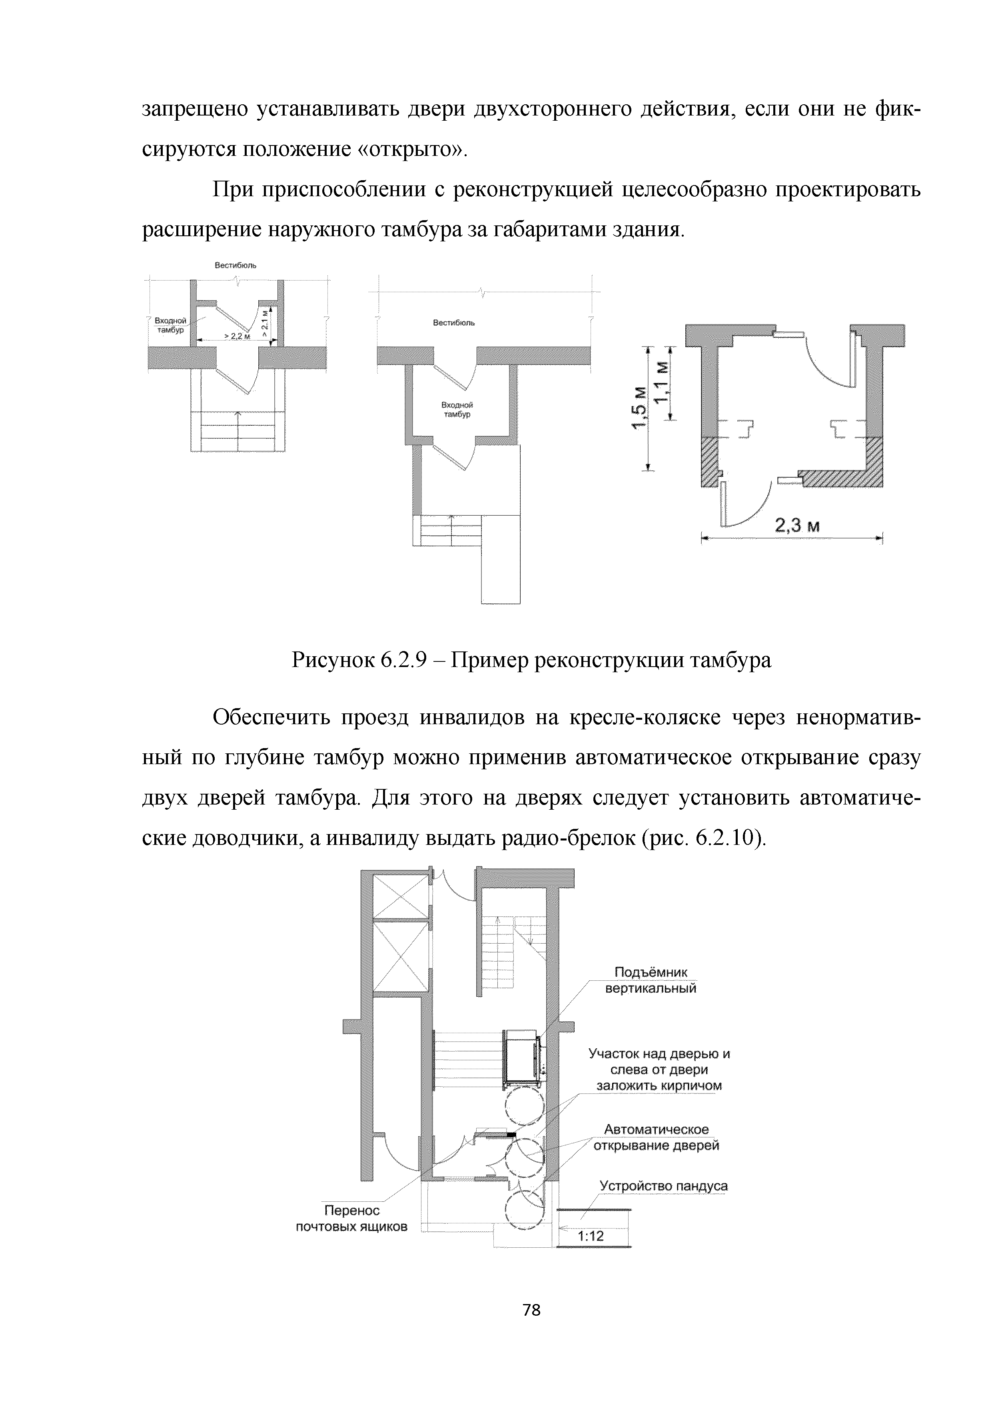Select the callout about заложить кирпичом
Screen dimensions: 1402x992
[x=659, y=1070]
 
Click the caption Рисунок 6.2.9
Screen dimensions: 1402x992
[x=531, y=660]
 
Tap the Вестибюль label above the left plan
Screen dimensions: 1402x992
[x=235, y=265]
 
